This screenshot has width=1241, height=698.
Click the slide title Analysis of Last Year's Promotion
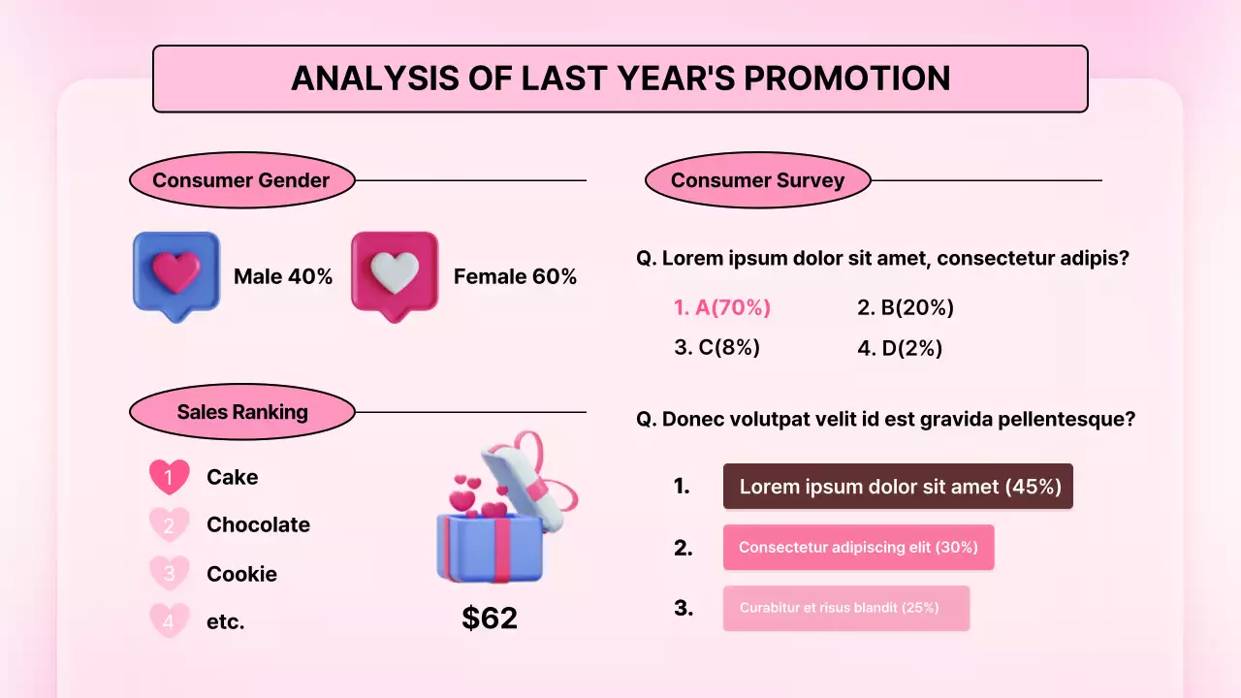pyautogui.click(x=620, y=79)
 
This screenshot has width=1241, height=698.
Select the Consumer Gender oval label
pyautogui.click(x=241, y=180)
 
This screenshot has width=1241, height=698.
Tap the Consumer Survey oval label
pyautogui.click(x=757, y=180)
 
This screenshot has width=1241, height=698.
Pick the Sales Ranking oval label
pyautogui.click(x=241, y=412)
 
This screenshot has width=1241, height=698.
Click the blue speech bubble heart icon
pyautogui.click(x=176, y=274)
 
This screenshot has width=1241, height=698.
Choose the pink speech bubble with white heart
pyautogui.click(x=395, y=274)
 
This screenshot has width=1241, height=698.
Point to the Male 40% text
pyautogui.click(x=283, y=277)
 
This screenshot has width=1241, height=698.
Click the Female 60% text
pyautogui.click(x=515, y=277)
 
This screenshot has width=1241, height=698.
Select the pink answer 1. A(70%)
pyautogui.click(x=722, y=308)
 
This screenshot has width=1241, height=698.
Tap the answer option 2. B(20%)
pyautogui.click(x=906, y=308)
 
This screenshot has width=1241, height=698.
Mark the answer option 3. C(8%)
pyautogui.click(x=716, y=348)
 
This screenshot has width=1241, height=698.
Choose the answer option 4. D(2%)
pyautogui.click(x=900, y=348)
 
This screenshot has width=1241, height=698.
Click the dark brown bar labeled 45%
pyautogui.click(x=898, y=487)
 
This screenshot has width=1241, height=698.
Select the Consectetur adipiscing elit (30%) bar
pyautogui.click(x=858, y=548)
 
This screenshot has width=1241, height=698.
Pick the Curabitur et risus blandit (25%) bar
pyautogui.click(x=845, y=608)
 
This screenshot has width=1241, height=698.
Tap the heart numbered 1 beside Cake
pyautogui.click(x=169, y=477)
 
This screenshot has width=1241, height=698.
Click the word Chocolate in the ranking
pyautogui.click(x=258, y=525)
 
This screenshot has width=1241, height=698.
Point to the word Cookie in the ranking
pyautogui.click(x=241, y=574)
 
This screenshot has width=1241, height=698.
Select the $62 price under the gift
pyautogui.click(x=490, y=619)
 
